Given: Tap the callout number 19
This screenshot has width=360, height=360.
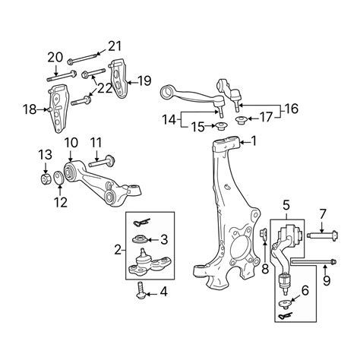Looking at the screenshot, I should [145, 79].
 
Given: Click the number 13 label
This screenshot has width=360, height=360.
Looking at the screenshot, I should [45, 156].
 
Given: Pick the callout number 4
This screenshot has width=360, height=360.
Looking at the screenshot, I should [163, 292].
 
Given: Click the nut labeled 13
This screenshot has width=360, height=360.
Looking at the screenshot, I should [45, 179].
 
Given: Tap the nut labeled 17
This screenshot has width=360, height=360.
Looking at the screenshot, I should [241, 118].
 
